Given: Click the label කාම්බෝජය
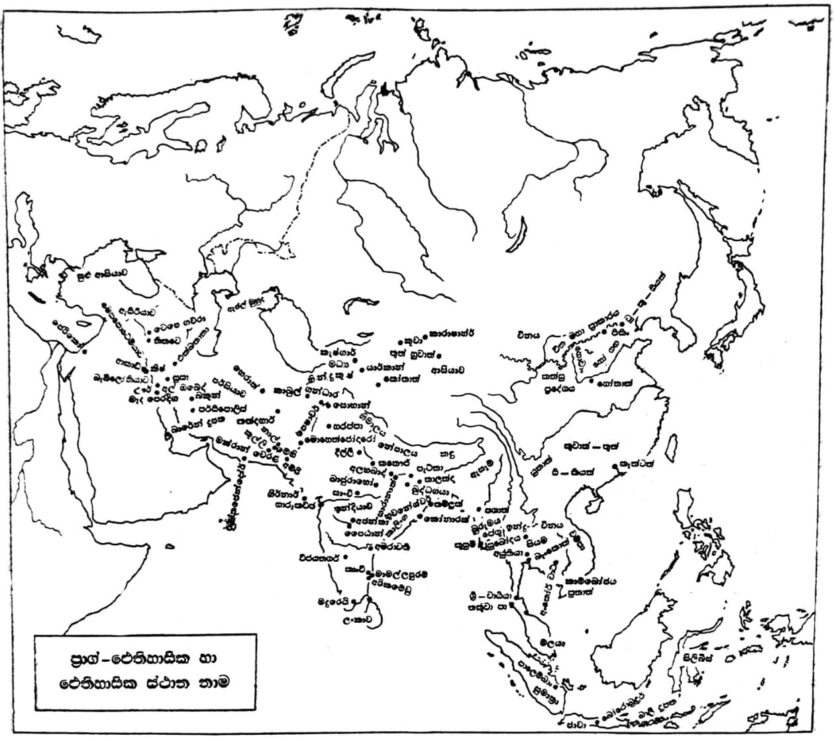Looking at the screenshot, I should coord(591,580).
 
